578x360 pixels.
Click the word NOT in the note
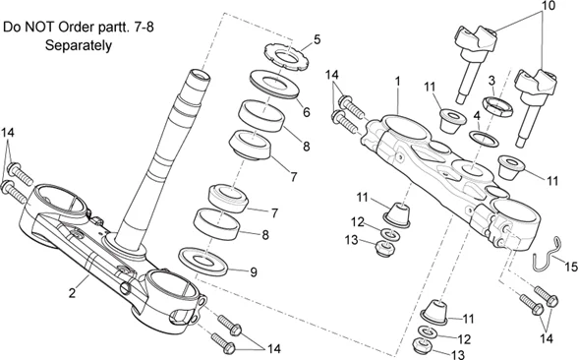click(x=40, y=28)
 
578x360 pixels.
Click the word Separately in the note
click(x=79, y=45)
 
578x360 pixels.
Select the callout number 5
click(x=317, y=39)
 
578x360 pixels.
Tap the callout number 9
click(x=254, y=272)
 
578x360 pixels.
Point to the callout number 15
click(x=570, y=267)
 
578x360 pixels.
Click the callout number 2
click(x=73, y=293)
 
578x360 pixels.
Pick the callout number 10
click(x=548, y=6)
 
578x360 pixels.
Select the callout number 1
click(x=397, y=82)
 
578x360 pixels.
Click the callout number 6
click(x=307, y=112)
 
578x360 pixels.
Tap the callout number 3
click(x=491, y=80)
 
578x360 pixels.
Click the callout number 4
click(x=477, y=116)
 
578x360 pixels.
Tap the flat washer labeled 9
click(x=202, y=262)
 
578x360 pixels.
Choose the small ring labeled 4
click(x=484, y=139)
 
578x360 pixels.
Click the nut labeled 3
click(x=497, y=106)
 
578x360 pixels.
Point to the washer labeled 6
click(x=274, y=85)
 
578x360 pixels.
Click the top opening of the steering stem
click(x=199, y=75)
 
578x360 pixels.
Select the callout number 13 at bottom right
click(x=457, y=355)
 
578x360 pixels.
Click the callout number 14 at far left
click(x=8, y=133)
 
